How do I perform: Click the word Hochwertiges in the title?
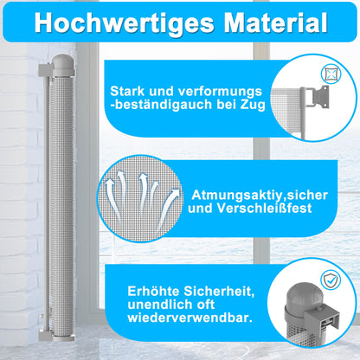pos(125,22)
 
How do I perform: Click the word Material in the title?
pos(275,22)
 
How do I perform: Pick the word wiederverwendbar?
pos(190,318)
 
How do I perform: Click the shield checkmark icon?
pos(331,280)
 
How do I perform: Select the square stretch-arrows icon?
pos(331,74)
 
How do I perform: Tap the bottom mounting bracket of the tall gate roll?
pos(46,336)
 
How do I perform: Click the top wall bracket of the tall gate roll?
pos(46,68)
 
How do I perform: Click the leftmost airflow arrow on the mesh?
pos(112,198)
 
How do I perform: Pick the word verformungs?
pos(220,92)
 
